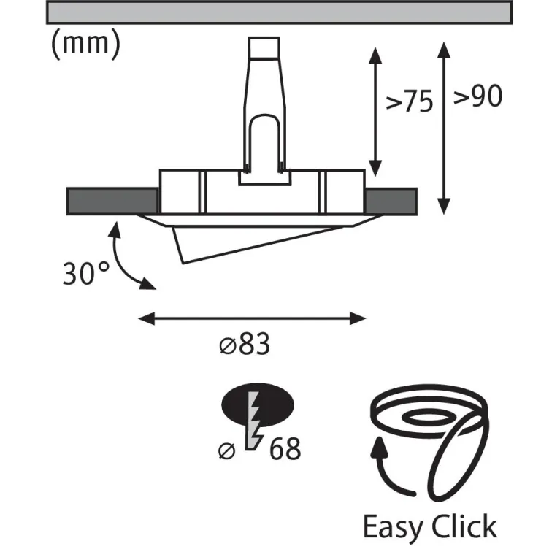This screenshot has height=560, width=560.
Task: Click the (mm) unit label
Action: pos(85,45)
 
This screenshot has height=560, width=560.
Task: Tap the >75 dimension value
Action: pos(409,103)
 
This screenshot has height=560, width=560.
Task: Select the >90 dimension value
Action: pos(477,97)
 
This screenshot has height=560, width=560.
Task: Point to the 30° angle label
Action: pos(85,274)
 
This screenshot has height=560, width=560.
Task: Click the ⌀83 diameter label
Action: pos(245,345)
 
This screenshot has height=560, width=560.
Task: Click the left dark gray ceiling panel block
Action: pos(112,200)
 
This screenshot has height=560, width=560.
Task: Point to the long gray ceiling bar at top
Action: pos(279,12)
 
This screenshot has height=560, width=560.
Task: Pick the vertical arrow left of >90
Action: pos(443,128)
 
